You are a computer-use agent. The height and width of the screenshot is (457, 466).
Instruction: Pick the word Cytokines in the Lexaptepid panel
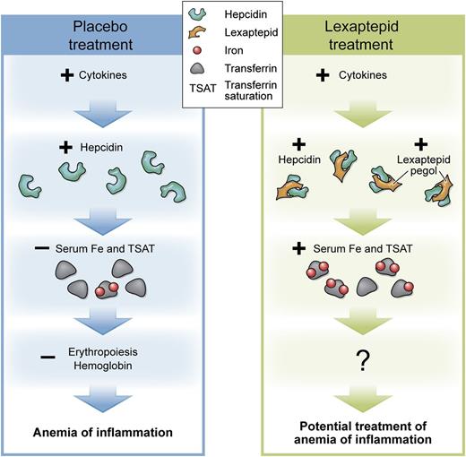click(375, 76)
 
